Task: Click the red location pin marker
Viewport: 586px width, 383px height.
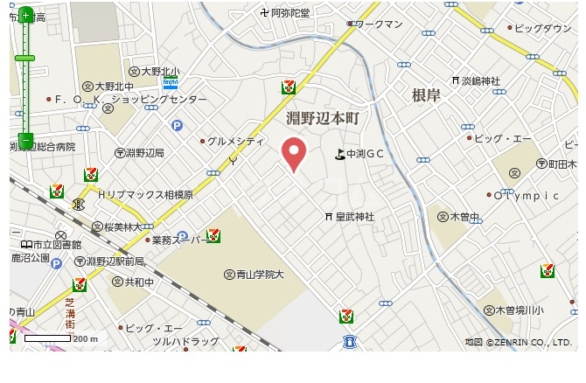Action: tap(295, 154)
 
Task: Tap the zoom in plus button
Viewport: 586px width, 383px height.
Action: tap(25, 15)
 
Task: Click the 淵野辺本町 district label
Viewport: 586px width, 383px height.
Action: tap(323, 116)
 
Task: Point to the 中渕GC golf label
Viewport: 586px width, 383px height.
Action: tap(365, 154)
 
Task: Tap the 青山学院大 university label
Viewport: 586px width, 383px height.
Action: tap(261, 275)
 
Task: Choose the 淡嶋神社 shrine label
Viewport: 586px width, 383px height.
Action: tap(481, 80)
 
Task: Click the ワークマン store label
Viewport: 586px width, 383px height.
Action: tap(379, 24)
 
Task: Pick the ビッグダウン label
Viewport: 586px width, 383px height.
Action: tap(542, 28)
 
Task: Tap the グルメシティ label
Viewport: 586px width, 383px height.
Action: tap(235, 141)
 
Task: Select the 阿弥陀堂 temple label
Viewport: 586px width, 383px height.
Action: tap(290, 12)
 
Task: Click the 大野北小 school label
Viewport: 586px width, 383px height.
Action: tap(161, 72)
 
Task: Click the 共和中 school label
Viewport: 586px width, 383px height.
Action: tap(138, 282)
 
